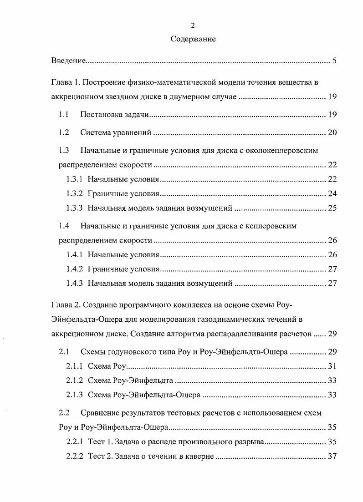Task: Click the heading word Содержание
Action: [x=193, y=39]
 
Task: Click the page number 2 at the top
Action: [x=193, y=25]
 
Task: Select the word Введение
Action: [x=68, y=61]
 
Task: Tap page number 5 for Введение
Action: [x=334, y=61]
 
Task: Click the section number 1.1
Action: [x=64, y=115]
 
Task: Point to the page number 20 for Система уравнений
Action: [x=332, y=133]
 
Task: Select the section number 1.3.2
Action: [x=75, y=193]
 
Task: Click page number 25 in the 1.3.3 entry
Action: [x=332, y=208]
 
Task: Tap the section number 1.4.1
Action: [x=75, y=254]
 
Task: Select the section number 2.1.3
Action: [x=75, y=395]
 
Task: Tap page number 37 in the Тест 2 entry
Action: [x=332, y=456]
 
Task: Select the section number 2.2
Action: [x=64, y=413]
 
